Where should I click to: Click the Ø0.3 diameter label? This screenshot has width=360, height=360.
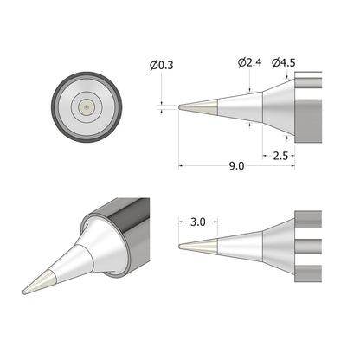click(x=161, y=64)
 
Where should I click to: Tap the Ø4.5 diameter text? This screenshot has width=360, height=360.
click(x=284, y=62)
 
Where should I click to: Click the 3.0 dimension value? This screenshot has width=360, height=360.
click(x=198, y=222)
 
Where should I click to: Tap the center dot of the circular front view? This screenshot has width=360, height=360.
click(x=86, y=107)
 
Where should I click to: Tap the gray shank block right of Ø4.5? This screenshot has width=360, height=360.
click(x=308, y=107)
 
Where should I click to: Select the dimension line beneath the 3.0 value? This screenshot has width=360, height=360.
click(x=198, y=230)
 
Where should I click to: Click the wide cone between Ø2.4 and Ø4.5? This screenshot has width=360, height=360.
click(x=279, y=107)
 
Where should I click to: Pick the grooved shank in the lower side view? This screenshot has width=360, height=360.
click(x=308, y=245)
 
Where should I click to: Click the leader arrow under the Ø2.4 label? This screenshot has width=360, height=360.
click(x=250, y=86)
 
